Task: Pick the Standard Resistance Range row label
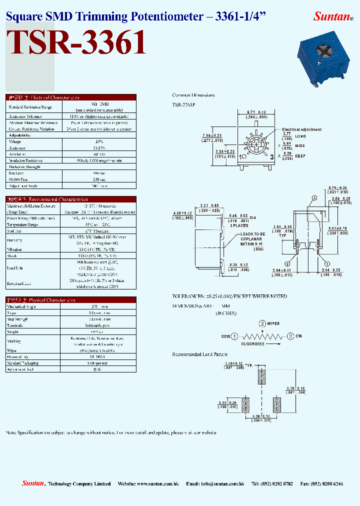coord(29,107)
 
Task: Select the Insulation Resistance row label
coord(25,160)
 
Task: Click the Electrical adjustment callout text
coord(301,129)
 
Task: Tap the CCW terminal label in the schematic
coord(225,336)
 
